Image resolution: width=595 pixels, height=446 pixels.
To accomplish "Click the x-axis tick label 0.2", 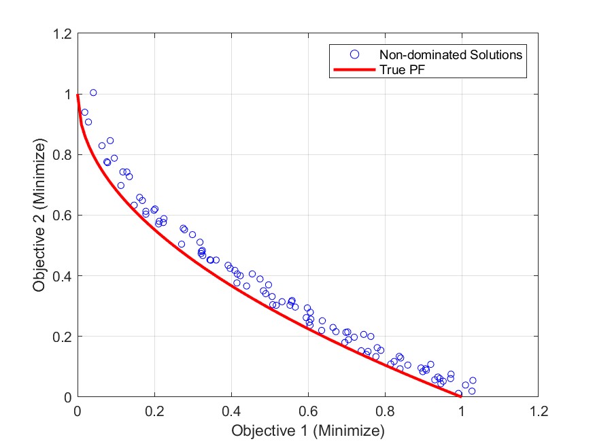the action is coord(154,411).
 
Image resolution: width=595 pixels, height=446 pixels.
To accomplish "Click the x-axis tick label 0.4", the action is coord(231,411).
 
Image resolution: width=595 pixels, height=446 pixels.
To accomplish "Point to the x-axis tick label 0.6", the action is coord(308,411).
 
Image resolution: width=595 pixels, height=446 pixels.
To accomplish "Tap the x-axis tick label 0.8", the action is coord(385,411).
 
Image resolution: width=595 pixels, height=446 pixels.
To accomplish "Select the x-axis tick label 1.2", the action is coord(538,411).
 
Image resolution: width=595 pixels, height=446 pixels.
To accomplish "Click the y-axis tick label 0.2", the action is coord(63,337).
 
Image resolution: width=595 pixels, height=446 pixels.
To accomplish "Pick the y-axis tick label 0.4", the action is coord(63,276).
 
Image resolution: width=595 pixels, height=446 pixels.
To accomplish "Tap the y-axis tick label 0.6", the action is coord(63,216).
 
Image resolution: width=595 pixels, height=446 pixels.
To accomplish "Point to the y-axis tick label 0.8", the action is coord(63,155).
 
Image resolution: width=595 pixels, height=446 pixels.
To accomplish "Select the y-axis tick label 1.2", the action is coord(63,34).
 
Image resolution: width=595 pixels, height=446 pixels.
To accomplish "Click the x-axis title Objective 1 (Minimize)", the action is coord(308,431).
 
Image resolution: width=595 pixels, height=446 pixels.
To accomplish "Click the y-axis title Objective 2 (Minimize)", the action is coord(39,216).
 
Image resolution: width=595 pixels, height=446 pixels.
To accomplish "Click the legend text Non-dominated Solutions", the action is coord(451,55).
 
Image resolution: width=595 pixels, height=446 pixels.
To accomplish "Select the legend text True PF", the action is coord(403,70).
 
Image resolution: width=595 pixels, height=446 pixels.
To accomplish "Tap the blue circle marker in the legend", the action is coord(354,54).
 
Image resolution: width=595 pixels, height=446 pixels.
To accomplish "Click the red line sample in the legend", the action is coord(354,70).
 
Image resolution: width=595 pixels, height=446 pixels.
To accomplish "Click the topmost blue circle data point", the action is coord(93,92).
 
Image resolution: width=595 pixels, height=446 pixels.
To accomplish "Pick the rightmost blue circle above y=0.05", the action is coord(473,380).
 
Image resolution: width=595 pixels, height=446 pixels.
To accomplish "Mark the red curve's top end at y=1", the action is coord(78,95).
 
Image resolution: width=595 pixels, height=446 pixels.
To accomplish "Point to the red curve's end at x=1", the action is coord(460,396).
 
